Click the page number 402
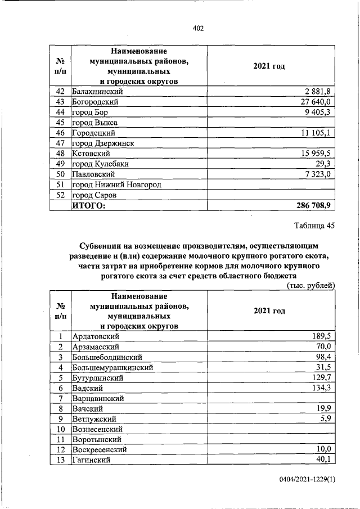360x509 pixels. point(197,28)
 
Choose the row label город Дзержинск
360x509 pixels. point(103,143)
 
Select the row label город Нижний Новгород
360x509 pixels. point(116,184)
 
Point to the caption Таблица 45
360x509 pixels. point(314,226)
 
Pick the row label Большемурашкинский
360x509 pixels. point(112,367)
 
